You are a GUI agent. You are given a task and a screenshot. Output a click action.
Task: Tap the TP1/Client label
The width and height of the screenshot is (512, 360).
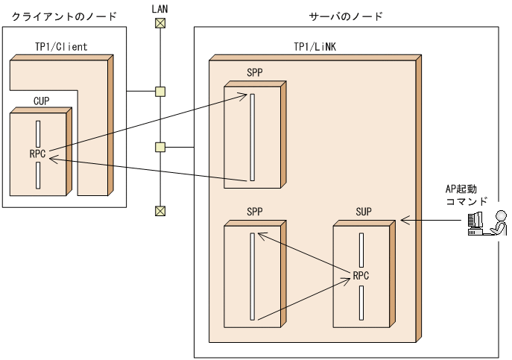click(x=61, y=47)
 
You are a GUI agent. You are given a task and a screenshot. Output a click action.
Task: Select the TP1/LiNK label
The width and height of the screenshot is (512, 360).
click(x=314, y=47)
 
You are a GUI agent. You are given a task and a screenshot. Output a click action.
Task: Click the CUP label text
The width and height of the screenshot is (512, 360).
click(x=42, y=100)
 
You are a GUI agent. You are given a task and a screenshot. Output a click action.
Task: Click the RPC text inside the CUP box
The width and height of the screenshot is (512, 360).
click(x=38, y=154)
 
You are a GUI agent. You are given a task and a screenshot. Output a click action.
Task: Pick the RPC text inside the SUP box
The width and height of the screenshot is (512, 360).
click(x=361, y=275)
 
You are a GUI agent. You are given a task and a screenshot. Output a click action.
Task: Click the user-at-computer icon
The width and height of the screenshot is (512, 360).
click(x=485, y=222)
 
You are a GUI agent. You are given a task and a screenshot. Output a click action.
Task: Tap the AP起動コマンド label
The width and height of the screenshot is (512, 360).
click(x=467, y=195)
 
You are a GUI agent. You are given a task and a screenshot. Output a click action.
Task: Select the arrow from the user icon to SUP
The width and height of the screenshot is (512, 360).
click(x=432, y=221)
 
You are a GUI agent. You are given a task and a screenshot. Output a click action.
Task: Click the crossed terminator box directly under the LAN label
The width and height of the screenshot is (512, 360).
click(x=159, y=22)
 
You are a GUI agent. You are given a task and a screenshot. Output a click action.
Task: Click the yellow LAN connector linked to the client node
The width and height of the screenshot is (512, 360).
click(x=159, y=92)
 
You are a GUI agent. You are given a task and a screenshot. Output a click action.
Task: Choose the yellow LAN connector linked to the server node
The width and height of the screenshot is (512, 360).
click(x=159, y=146)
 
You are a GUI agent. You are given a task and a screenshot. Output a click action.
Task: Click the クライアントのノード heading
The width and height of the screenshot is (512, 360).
click(x=60, y=16)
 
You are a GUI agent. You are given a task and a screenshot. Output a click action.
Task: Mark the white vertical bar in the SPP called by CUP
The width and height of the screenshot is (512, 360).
click(x=253, y=136)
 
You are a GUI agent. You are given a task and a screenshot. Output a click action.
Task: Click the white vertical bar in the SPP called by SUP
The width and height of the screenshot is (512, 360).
click(x=253, y=277)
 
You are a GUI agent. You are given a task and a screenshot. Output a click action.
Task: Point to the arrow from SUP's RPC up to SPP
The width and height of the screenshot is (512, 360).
click(x=306, y=255)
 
